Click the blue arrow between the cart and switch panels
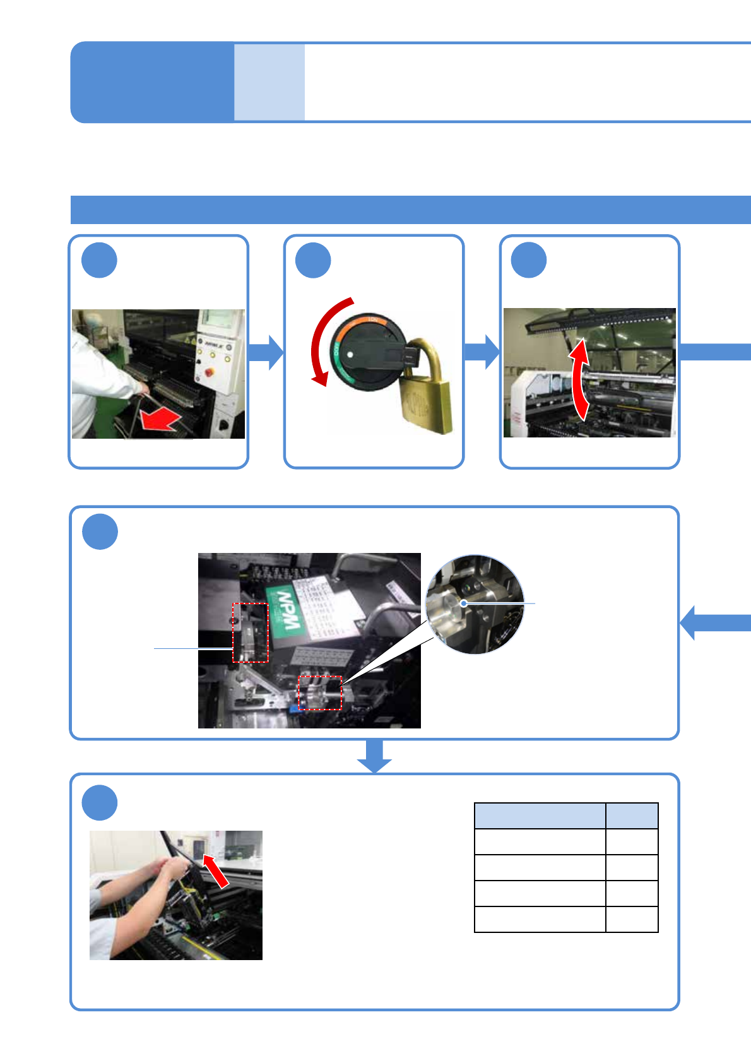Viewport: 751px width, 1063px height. pos(266,352)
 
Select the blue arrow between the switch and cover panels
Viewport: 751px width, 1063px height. pos(482,352)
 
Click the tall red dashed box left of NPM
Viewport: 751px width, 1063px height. pos(251,632)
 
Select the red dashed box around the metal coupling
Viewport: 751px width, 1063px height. pos(320,692)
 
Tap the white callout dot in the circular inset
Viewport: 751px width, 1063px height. pos(464,603)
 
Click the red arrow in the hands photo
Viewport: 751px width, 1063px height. pos(216,871)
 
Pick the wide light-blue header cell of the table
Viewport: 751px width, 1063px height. pos(540,816)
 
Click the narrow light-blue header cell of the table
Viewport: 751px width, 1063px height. pos(632,816)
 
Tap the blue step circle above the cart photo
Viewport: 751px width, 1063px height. pos(100,260)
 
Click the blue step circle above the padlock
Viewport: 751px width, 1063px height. pos(314,260)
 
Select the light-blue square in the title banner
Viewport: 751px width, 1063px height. pos(269,82)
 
